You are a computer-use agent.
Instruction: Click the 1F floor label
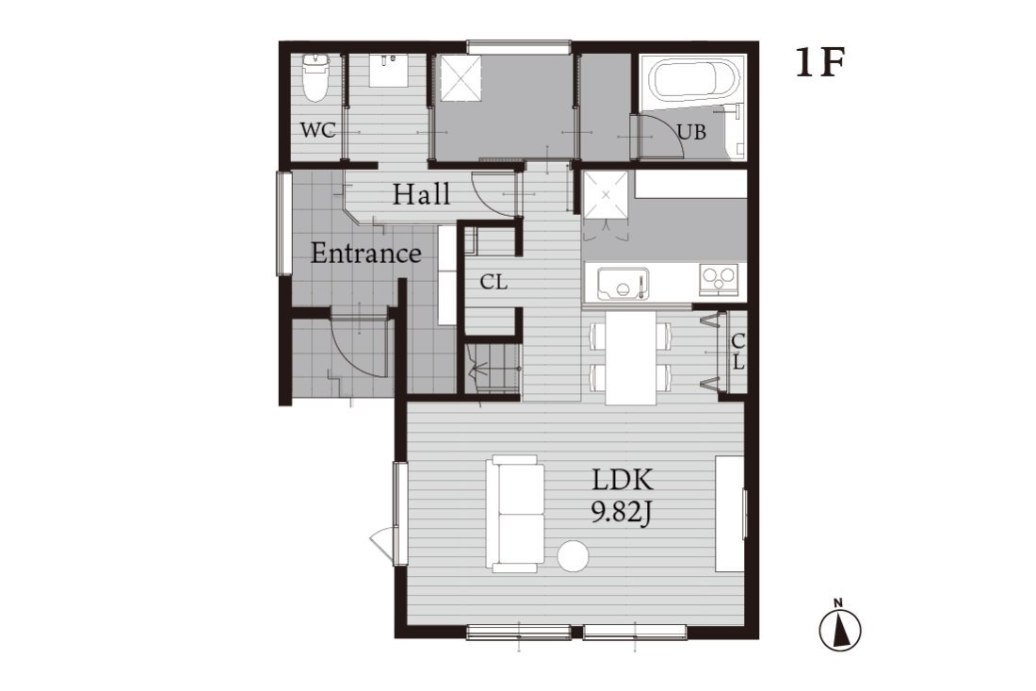pos(820,63)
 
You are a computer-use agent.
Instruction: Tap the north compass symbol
pos(840,627)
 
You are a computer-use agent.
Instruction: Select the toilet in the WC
pos(316,78)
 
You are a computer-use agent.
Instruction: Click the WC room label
pos(317,130)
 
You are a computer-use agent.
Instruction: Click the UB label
pos(692,132)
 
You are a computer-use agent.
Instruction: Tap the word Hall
pos(422,194)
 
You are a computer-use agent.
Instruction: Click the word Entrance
pos(366,254)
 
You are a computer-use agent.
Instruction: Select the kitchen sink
pos(623,284)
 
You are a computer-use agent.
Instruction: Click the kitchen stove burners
pos(719,279)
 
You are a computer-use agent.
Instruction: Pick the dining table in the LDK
pos(631,357)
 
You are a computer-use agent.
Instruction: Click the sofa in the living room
pos(515,514)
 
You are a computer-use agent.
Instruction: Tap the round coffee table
pos(573,556)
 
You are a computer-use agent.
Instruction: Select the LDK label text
pos(623,480)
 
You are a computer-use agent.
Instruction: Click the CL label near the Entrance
pos(494,283)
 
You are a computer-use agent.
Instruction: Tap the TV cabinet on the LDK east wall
pos(730,513)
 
